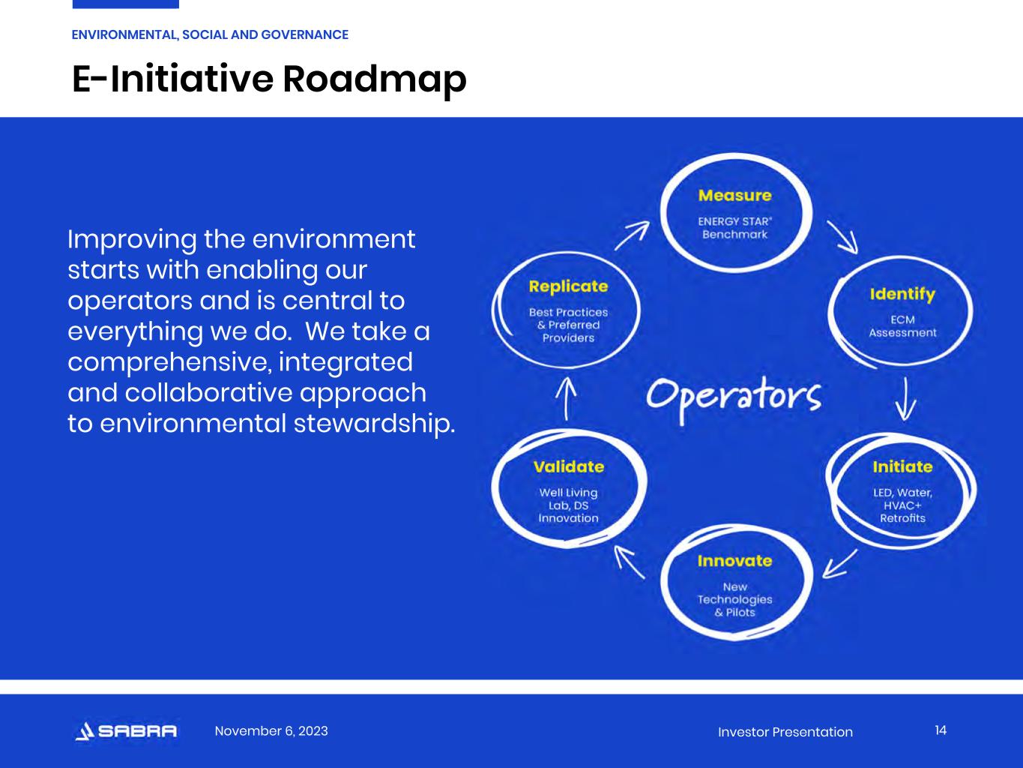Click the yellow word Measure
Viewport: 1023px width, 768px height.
click(x=735, y=196)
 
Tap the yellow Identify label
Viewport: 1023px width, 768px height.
click(x=902, y=295)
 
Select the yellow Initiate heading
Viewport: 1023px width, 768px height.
click(x=903, y=466)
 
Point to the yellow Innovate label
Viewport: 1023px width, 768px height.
click(x=734, y=561)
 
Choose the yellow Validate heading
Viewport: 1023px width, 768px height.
click(x=569, y=466)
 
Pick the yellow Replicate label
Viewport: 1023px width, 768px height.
click(x=568, y=286)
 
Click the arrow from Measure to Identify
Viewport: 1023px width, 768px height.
click(x=843, y=237)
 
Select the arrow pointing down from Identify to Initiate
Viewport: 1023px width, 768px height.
click(x=905, y=399)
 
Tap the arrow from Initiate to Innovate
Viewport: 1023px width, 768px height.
click(x=839, y=564)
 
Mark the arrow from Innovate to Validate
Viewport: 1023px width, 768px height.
click(x=630, y=562)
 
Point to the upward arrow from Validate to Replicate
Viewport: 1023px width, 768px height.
click(x=566, y=399)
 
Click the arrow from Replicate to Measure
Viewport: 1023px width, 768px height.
click(x=632, y=236)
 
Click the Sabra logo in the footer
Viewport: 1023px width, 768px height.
click(x=126, y=731)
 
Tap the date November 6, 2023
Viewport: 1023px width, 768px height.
click(x=271, y=730)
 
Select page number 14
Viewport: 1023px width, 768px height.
click(x=941, y=730)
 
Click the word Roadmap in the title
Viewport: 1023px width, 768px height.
click(x=374, y=79)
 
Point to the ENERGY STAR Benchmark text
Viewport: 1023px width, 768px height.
click(x=735, y=227)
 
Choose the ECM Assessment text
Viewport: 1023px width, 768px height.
click(x=902, y=326)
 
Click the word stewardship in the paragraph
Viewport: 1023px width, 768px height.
click(x=374, y=424)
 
